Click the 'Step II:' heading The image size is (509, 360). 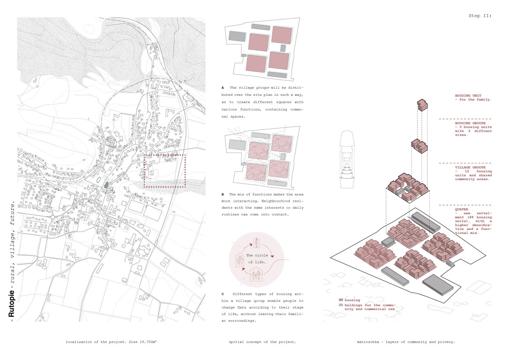480,16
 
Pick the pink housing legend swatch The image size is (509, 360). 341,300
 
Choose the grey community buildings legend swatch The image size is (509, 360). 341,305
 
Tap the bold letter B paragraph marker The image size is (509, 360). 223,194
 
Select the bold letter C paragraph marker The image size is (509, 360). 223,294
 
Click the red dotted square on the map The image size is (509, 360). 165,171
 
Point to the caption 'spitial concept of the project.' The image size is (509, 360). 262,341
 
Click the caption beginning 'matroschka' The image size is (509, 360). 406,341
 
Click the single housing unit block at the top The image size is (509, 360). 422,104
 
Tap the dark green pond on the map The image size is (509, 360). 106,185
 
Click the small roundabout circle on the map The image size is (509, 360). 53,217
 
